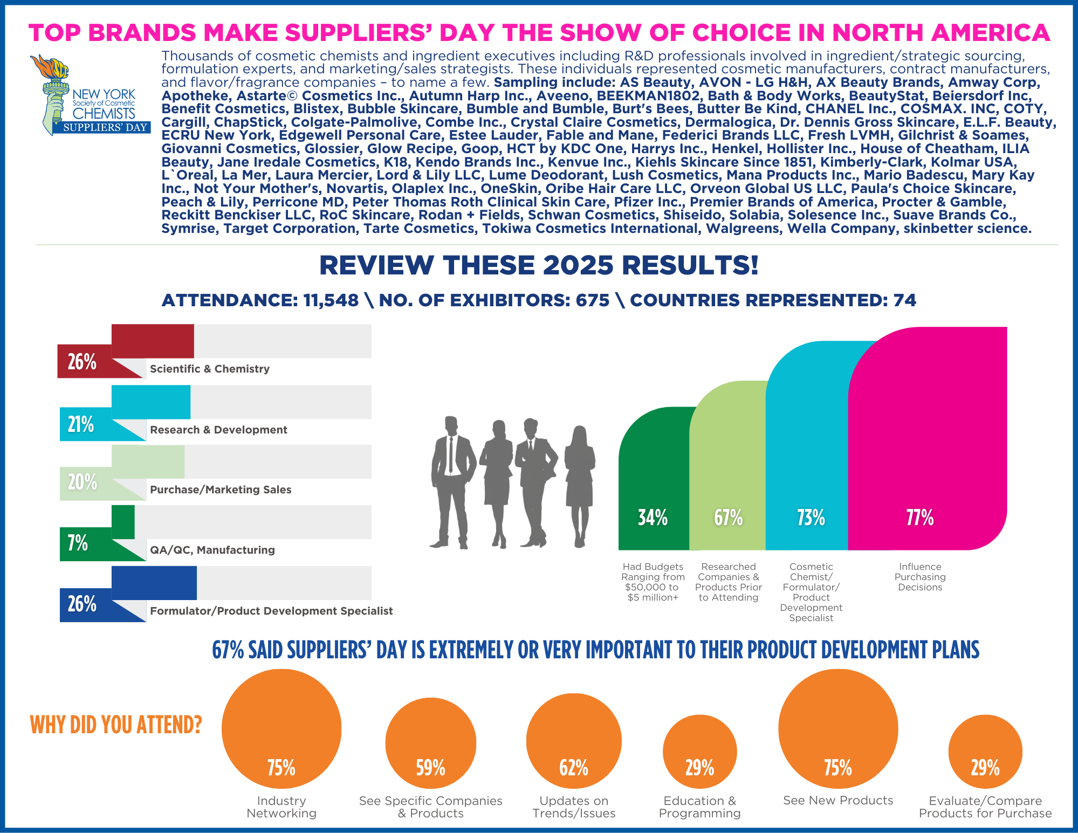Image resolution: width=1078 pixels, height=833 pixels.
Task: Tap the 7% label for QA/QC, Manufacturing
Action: point(78,543)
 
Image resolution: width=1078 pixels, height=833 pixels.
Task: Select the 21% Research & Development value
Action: point(81,425)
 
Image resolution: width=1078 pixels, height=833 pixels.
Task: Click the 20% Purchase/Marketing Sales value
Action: point(82,482)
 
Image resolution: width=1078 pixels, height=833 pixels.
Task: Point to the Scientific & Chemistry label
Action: point(210,369)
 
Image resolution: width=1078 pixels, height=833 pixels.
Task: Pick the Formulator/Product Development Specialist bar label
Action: point(271,611)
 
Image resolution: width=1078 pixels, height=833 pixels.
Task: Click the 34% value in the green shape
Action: point(653,518)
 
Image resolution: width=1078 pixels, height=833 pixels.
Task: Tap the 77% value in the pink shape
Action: point(920,518)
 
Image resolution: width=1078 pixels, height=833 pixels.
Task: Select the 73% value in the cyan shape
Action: point(811,518)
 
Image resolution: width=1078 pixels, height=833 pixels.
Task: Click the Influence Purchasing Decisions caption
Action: point(920,577)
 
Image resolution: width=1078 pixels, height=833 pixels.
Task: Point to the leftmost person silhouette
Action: point(452,480)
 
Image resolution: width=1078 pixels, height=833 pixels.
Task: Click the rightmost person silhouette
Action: point(580,485)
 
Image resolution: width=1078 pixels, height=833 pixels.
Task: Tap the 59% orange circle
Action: point(430,743)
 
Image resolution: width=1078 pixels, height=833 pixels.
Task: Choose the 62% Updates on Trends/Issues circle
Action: point(574,741)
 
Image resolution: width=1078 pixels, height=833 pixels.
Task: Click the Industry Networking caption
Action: point(281,807)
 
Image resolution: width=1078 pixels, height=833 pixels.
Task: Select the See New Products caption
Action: point(838,801)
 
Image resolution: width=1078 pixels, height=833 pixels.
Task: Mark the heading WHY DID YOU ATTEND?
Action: point(116,725)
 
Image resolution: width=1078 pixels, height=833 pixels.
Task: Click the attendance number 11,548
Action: point(331,300)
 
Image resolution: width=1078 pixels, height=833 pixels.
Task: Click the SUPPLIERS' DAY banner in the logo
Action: point(105,128)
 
